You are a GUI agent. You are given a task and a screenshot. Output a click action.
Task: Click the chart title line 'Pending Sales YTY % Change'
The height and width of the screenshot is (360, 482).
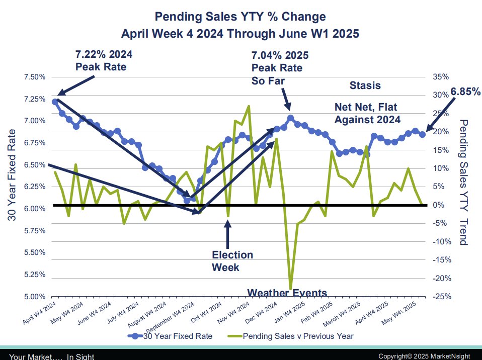point(240,17)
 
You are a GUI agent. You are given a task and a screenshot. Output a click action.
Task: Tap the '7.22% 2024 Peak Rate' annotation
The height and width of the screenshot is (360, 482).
point(104,60)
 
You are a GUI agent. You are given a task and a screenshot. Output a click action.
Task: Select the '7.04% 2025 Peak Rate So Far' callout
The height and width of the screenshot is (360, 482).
point(280,67)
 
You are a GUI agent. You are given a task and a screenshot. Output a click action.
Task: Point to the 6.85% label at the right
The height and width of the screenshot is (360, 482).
point(465,92)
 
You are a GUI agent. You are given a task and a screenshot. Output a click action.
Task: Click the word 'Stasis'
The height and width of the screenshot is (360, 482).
point(365,85)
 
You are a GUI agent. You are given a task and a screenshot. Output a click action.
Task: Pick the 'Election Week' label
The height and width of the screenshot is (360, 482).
point(232,261)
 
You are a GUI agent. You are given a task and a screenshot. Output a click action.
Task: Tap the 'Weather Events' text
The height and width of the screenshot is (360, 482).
point(287,293)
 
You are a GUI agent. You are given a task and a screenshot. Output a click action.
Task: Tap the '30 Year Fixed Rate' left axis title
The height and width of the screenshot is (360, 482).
point(12,175)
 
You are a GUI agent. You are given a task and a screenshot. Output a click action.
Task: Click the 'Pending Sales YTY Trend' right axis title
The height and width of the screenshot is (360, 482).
point(463,182)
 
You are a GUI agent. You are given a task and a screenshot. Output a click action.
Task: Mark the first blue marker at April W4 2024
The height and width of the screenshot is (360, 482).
point(55,102)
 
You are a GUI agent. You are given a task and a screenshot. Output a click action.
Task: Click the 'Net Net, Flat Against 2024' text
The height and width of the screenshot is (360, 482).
point(367,113)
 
